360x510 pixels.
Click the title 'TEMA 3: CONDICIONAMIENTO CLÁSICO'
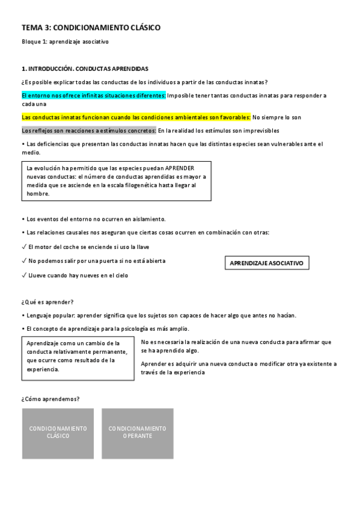(91, 28)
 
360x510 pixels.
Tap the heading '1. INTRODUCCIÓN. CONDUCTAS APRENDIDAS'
(85, 69)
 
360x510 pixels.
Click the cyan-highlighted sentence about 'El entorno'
(94, 95)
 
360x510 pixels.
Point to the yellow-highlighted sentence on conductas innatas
(136, 117)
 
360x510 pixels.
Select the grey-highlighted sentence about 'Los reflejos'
(89, 131)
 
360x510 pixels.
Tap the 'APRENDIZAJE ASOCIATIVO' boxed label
(267, 263)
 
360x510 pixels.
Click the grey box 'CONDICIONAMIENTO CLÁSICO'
(58, 432)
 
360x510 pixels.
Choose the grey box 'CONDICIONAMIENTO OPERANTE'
(137, 432)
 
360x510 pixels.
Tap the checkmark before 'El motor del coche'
(23, 247)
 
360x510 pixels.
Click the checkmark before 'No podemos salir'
(23, 261)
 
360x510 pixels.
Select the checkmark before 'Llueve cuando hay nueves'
(23, 275)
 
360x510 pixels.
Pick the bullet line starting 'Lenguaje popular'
(159, 316)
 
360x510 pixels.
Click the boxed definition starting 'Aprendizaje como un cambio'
(77, 356)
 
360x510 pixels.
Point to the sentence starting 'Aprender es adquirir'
(239, 367)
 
